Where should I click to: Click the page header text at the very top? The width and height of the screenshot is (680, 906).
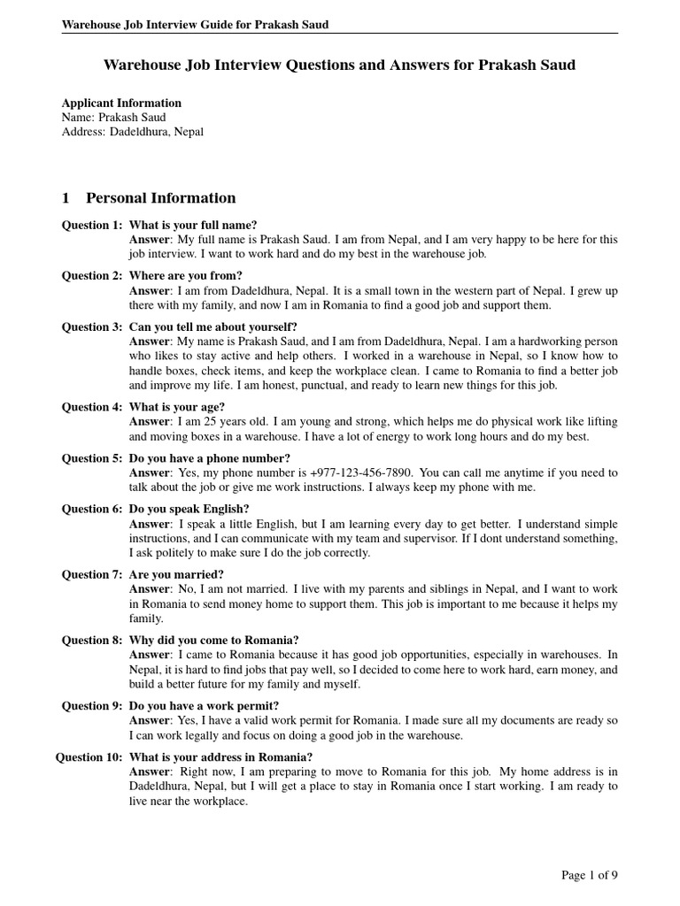pyautogui.click(x=195, y=25)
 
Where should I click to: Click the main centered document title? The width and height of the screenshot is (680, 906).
pyautogui.click(x=340, y=65)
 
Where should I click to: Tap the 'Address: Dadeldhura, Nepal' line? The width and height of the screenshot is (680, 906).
pyautogui.click(x=132, y=131)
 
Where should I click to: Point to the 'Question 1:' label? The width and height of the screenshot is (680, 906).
pyautogui.click(x=92, y=225)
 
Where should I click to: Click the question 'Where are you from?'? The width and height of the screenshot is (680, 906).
pyautogui.click(x=186, y=276)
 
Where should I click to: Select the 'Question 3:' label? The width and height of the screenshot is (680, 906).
pyautogui.click(x=92, y=327)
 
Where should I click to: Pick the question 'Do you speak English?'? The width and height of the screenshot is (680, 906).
pyautogui.click(x=189, y=510)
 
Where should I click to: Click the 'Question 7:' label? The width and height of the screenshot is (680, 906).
pyautogui.click(x=92, y=575)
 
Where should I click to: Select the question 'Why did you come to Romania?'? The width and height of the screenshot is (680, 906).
pyautogui.click(x=214, y=641)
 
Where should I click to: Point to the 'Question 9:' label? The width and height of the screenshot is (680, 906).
pyautogui.click(x=92, y=706)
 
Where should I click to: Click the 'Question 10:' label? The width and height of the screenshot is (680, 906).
pyautogui.click(x=89, y=757)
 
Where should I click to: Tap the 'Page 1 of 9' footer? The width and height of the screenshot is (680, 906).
pyautogui.click(x=590, y=876)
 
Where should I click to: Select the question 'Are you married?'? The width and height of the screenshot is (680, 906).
pyautogui.click(x=176, y=575)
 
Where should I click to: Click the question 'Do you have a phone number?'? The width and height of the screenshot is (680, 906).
pyautogui.click(x=210, y=458)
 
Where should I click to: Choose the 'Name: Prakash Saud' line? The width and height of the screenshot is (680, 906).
pyautogui.click(x=113, y=117)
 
